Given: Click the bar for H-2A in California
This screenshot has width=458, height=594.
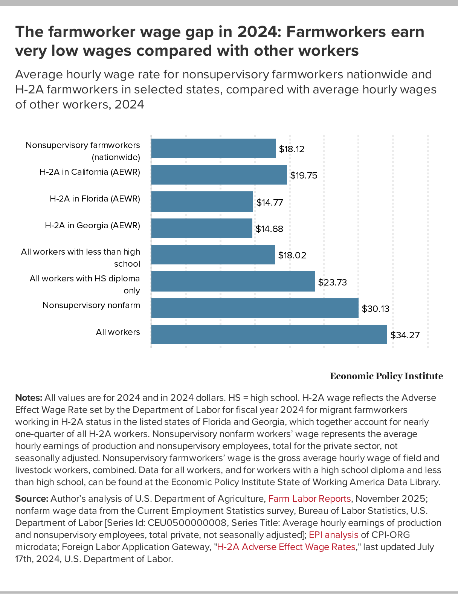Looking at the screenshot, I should click(219, 175).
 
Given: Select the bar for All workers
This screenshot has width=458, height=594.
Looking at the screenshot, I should click(269, 334).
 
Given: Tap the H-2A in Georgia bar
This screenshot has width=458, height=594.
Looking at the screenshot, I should click(202, 228).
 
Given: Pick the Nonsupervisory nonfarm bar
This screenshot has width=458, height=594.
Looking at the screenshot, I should click(255, 308).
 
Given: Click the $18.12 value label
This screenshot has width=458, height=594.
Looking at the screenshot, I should click(292, 149).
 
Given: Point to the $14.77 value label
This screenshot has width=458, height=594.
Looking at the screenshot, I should click(270, 203).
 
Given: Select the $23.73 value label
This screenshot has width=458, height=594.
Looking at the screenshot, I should click(332, 282).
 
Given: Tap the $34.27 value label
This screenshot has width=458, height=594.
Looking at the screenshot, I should click(405, 335).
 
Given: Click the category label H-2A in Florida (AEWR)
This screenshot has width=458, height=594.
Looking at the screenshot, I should click(95, 199).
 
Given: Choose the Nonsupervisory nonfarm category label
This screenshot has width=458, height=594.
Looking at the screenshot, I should click(91, 305).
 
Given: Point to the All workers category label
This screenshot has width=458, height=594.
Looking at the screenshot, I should click(118, 332).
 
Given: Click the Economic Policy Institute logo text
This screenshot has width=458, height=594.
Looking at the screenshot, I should click(386, 376).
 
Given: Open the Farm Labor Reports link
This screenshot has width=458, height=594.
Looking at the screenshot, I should click(309, 499).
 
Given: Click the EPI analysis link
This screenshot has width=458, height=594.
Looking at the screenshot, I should click(333, 535).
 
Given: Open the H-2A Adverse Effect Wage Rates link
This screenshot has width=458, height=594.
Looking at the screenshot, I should click(286, 547).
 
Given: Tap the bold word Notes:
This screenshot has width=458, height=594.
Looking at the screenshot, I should click(29, 398).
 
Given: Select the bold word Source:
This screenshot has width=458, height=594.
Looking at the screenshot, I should click(32, 499).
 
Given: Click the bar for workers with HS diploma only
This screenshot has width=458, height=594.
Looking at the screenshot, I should click(233, 281).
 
